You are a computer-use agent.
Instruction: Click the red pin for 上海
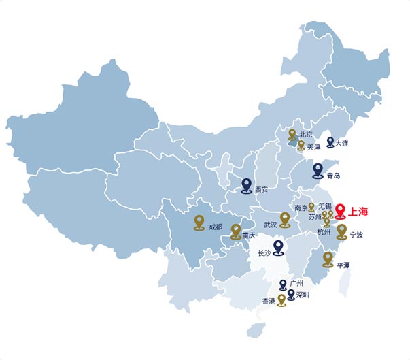point(341,210)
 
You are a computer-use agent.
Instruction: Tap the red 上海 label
point(358,212)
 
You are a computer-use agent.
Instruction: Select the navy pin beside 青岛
point(318,170)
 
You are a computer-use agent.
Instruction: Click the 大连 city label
point(342,144)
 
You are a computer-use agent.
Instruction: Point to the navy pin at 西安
point(247,184)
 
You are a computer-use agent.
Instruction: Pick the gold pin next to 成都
point(199,221)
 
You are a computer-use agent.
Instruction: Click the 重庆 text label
point(249,235)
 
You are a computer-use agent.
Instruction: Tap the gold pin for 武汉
point(285,218)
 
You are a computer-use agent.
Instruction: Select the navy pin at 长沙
point(278,247)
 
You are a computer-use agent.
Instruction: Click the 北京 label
point(305,135)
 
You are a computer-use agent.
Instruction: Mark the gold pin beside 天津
point(301,144)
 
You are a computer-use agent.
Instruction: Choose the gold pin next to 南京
point(311,206)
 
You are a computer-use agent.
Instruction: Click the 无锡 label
point(324,206)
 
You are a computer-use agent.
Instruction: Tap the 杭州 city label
point(324,232)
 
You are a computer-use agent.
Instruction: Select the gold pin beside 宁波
point(341,231)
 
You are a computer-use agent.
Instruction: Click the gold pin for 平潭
point(328,258)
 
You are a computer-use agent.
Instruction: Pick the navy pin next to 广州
point(283,283)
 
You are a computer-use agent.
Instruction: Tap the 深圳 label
point(303,295)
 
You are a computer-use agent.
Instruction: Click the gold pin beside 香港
point(281,299)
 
